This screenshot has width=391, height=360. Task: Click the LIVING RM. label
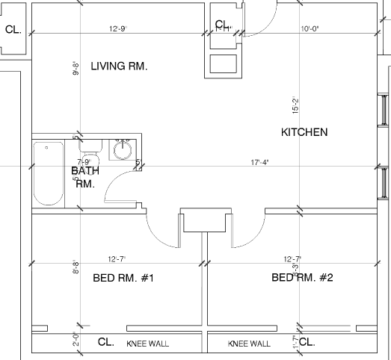pos(119,66)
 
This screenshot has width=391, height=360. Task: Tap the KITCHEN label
pos(304,132)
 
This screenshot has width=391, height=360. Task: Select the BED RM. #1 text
pos(123,279)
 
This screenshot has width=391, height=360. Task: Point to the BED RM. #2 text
pos(301,279)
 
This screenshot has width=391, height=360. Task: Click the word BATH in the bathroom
pos(85,171)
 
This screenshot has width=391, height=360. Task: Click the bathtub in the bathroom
pos(48,173)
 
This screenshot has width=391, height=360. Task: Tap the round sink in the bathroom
pos(123,152)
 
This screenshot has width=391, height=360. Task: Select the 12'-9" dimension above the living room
pos(117,29)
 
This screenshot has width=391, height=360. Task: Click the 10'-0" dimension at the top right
pos(310,29)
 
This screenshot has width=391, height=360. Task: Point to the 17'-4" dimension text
pos(259,161)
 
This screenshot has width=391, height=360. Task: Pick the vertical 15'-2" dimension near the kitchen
pos(295,107)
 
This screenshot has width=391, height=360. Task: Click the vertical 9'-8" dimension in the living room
pos(76,69)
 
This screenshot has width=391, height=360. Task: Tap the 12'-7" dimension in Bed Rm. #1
pos(116,259)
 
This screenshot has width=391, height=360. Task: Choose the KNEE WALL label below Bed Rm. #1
pos(147,344)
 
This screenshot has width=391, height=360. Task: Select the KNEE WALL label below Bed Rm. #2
pos(249,344)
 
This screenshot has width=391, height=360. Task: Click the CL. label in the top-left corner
pos(13,30)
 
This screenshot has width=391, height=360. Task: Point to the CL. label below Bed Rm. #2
pos(307,343)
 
